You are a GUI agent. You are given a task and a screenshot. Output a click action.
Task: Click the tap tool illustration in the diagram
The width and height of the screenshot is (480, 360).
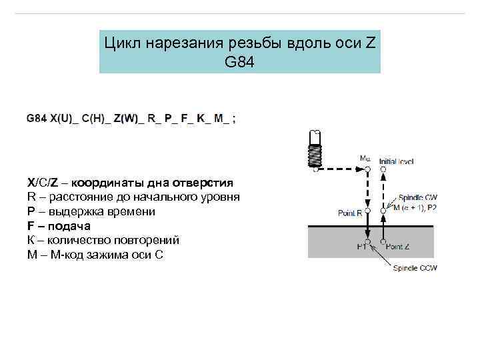tap(315, 148)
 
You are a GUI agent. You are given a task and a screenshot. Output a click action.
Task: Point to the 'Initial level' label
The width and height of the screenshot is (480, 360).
tap(396, 161)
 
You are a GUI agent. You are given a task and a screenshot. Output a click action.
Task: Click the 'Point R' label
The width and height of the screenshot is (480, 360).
tap(351, 213)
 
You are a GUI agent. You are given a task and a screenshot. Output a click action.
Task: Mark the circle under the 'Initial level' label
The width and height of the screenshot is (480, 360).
tap(383, 170)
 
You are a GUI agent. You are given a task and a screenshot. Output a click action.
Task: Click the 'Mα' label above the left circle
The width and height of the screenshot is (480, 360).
tap(365, 159)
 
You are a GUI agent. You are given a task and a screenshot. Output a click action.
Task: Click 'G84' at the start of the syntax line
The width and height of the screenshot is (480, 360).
tap(37, 119)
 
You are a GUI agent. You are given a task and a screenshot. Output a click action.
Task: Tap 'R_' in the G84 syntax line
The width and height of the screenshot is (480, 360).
tap(153, 119)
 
